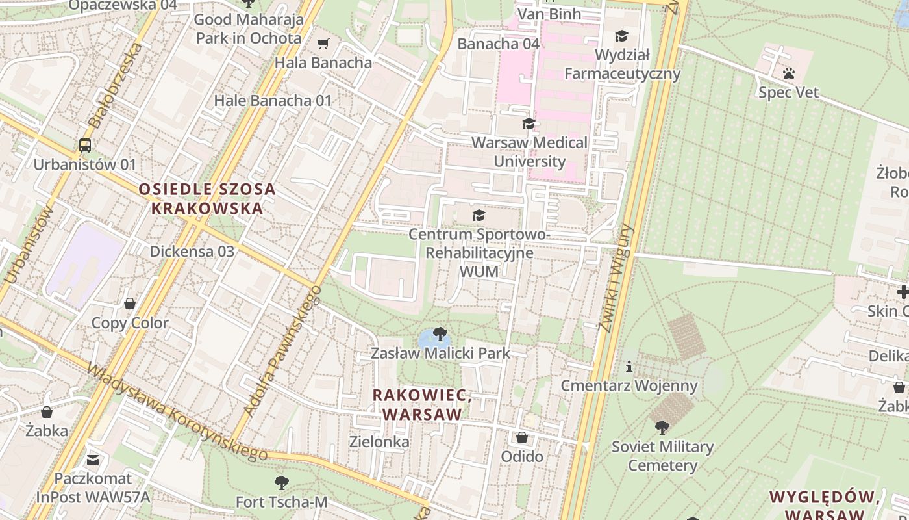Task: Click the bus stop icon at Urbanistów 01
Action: click(85, 145)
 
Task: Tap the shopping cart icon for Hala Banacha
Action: click(323, 44)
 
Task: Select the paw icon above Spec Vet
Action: click(789, 73)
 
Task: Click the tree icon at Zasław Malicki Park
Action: click(440, 335)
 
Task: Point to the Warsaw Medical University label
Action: click(529, 151)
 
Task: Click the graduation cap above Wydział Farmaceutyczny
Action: click(621, 36)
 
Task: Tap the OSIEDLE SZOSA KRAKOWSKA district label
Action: click(207, 199)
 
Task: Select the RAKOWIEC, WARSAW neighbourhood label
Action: click(422, 404)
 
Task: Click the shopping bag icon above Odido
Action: click(522, 437)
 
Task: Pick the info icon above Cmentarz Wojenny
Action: click(629, 367)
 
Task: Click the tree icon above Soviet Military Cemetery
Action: click(662, 428)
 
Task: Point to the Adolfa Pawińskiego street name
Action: click(282, 351)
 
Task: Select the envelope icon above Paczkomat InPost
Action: click(93, 460)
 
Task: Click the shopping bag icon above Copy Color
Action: click(130, 304)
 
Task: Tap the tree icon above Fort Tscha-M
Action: click(281, 483)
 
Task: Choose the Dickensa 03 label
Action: click(192, 252)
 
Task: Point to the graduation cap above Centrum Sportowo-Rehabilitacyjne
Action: click(479, 215)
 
